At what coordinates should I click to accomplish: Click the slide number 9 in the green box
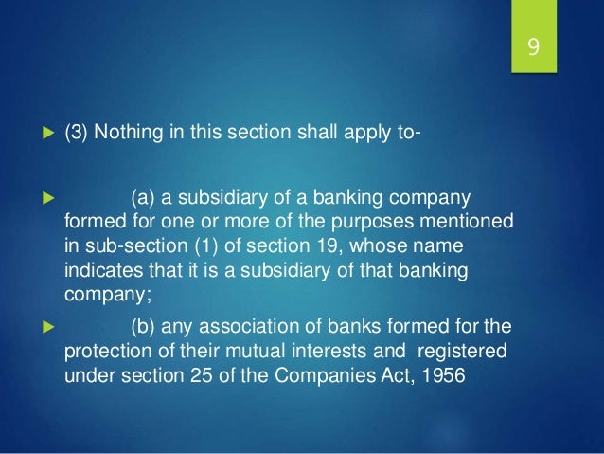pos(534,46)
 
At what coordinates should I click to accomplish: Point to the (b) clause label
pos(144,329)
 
